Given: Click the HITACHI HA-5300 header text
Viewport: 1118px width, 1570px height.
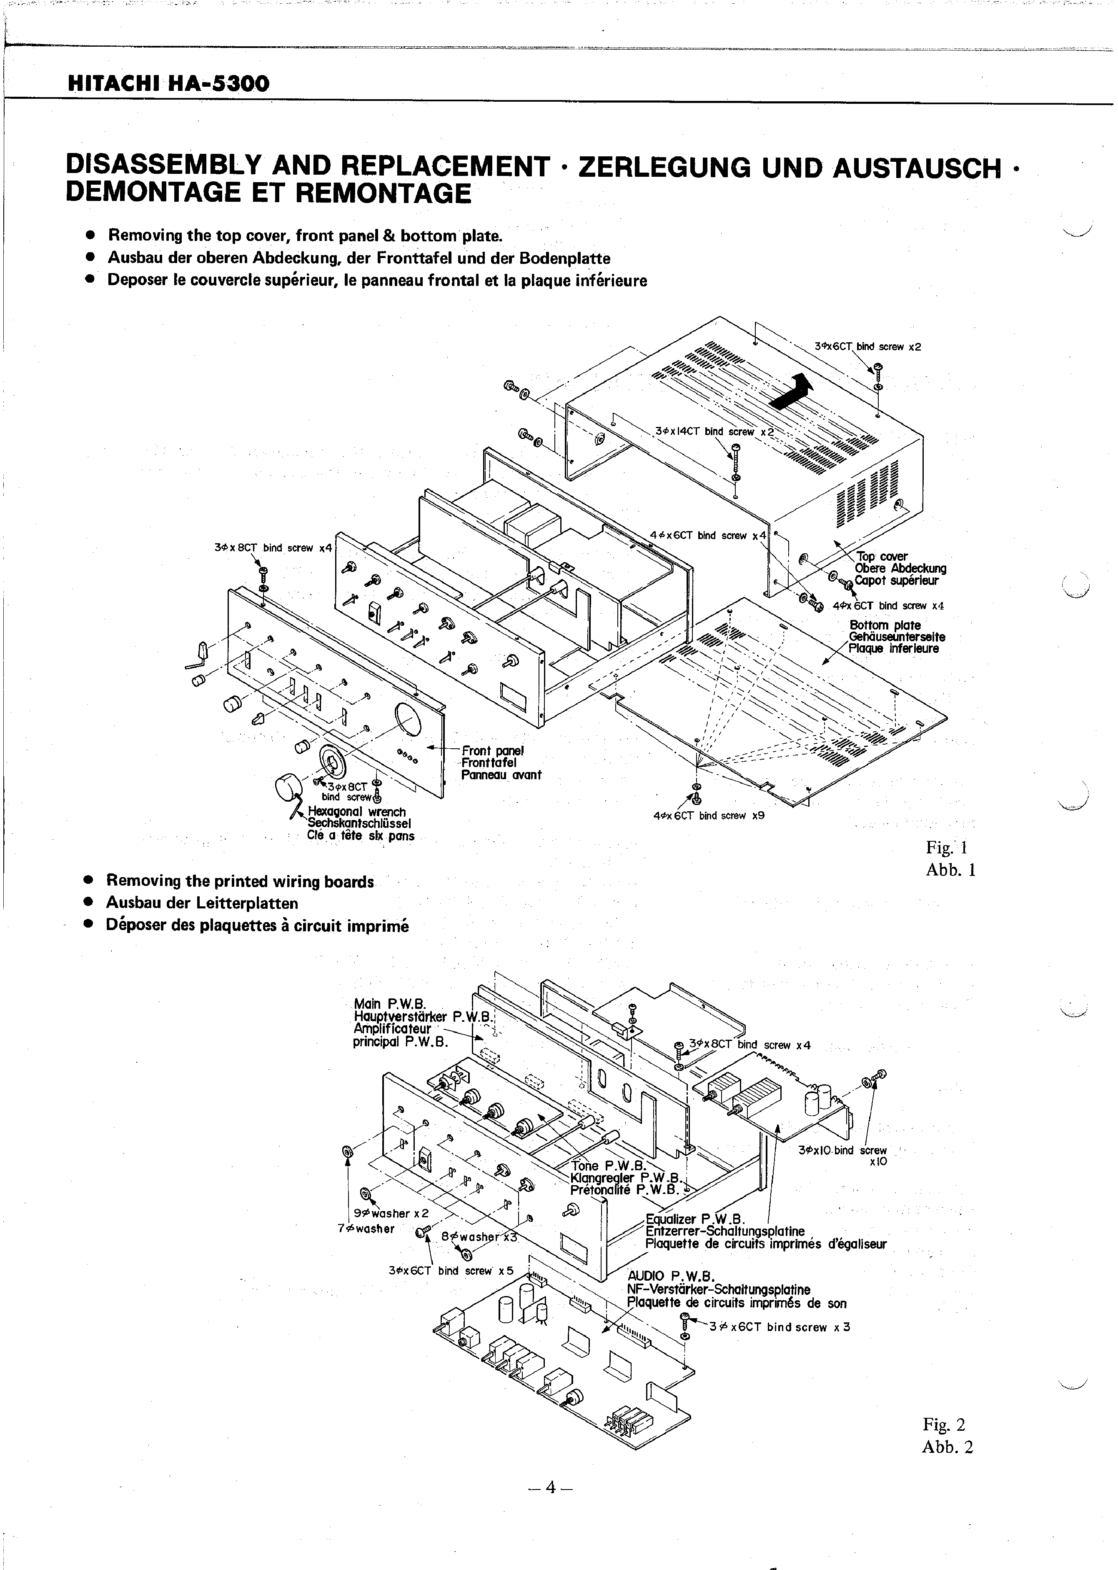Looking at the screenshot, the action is [x=168, y=84].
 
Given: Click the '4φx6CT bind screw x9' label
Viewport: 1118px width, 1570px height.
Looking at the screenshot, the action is [x=709, y=815].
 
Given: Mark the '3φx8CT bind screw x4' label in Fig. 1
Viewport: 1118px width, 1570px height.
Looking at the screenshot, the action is [x=273, y=548].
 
